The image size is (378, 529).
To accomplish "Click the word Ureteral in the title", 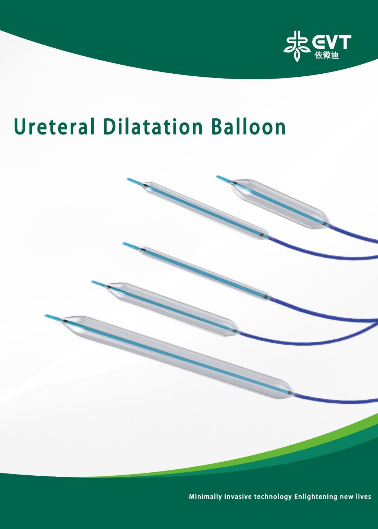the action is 54,127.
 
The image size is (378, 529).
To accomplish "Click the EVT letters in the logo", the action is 330,42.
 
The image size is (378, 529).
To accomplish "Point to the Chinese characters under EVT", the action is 327,55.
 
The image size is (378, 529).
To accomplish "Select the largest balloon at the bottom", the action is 177,357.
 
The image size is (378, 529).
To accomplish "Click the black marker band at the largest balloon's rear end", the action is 289,393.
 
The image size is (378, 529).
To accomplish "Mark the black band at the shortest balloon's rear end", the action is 326,223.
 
